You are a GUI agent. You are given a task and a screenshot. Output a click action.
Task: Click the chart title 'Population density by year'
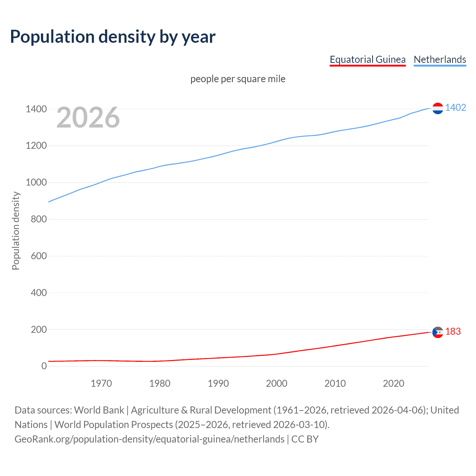[113, 37]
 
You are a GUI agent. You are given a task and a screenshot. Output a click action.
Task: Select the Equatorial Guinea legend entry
[367, 59]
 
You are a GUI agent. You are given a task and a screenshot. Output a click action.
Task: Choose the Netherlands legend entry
[440, 59]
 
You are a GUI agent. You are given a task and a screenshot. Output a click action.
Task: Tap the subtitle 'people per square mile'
[238, 79]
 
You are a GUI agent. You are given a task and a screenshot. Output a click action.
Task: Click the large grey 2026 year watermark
[88, 118]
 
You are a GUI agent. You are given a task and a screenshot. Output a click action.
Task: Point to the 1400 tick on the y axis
[36, 109]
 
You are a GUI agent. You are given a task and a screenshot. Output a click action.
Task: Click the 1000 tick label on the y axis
[36, 183]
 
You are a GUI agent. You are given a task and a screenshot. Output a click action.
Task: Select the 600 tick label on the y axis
[39, 256]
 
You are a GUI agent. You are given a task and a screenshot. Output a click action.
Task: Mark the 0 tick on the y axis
[44, 366]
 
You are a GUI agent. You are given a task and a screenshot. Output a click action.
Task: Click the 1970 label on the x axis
[101, 383]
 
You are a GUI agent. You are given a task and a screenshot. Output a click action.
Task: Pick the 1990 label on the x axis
[218, 383]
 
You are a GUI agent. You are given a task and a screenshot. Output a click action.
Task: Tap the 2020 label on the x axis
[393, 383]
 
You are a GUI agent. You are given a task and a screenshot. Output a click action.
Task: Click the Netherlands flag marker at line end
[438, 108]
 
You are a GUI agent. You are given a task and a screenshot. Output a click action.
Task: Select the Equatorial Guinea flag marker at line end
[438, 332]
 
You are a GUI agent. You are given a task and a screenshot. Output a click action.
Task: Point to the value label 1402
[456, 107]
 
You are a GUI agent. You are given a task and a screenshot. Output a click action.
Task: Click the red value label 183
[453, 331]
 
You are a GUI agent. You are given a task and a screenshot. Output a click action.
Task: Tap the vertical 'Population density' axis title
[16, 231]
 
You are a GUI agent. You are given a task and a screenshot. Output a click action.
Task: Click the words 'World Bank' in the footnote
[99, 410]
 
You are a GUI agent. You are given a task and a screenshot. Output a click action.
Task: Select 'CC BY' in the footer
[305, 439]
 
